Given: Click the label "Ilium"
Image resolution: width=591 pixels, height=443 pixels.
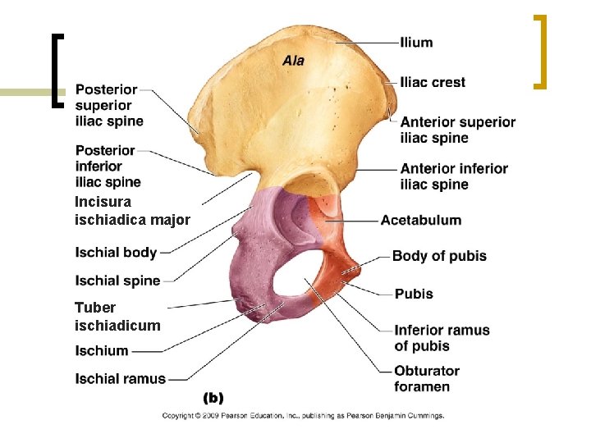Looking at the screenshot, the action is click(416, 42).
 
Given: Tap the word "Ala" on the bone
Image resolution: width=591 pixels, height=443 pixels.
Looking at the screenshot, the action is click(293, 60).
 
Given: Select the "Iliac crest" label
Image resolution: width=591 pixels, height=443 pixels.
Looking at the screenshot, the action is click(433, 82).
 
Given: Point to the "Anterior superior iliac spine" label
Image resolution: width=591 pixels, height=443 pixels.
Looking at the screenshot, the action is click(457, 130).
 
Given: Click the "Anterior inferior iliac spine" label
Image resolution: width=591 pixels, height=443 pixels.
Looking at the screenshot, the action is click(454, 176).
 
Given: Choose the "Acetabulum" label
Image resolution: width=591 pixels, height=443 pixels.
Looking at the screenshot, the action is click(420, 220).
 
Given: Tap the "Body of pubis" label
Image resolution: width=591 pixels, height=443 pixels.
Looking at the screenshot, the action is click(439, 256).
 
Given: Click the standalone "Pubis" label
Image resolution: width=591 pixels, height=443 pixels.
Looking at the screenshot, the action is click(414, 293).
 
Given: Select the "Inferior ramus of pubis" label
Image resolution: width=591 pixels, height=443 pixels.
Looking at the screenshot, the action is click(442, 338).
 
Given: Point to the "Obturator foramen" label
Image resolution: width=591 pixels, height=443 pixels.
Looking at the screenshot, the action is click(427, 378).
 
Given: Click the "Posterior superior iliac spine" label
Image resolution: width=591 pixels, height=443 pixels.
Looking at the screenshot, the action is click(109, 105).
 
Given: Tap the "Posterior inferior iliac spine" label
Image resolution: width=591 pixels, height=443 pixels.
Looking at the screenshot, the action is click(108, 167).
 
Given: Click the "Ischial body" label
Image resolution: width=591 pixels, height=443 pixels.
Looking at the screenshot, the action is click(116, 252).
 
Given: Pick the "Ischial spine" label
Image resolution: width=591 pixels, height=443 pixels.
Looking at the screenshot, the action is click(117, 281).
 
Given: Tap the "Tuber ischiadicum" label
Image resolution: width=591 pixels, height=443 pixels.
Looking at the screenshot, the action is click(117, 317).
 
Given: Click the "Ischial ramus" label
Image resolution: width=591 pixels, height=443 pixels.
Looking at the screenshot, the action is click(120, 379).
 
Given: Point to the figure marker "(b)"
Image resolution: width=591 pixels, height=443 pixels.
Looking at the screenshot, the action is click(213, 398).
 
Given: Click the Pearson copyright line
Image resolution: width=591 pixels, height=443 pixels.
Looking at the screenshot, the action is click(303, 416).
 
